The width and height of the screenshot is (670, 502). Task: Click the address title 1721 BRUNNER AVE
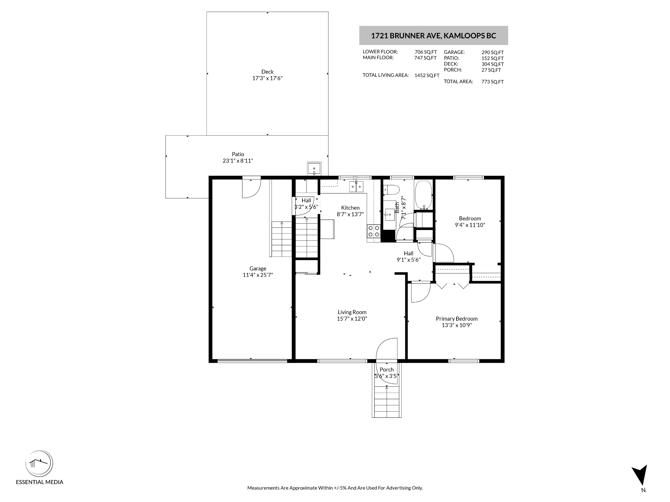coord(406,36)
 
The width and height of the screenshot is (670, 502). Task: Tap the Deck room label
coord(267,71)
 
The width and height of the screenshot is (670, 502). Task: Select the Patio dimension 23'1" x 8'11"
coord(238,161)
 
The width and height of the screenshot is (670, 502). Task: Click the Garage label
coord(258,268)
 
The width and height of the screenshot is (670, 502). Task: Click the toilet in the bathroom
coord(391,190)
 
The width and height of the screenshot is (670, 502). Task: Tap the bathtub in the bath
coord(423,195)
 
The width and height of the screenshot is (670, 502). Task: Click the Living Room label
coord(352,312)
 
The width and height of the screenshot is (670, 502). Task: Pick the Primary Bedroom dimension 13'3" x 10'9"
coord(457,325)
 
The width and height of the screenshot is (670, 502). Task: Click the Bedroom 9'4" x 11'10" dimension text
coord(470,225)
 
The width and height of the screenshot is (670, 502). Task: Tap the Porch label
coord(386,369)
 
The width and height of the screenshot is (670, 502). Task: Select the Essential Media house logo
coord(39,464)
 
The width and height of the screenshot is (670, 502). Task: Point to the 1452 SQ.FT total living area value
coord(427,75)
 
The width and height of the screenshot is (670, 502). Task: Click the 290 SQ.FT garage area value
coord(492,52)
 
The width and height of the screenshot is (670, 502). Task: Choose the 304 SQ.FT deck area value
coord(492,64)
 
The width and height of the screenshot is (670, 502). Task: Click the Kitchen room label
coord(350,208)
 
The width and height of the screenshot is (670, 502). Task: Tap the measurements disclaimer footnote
coord(335,488)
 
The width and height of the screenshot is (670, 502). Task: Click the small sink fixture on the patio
coord(314,168)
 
